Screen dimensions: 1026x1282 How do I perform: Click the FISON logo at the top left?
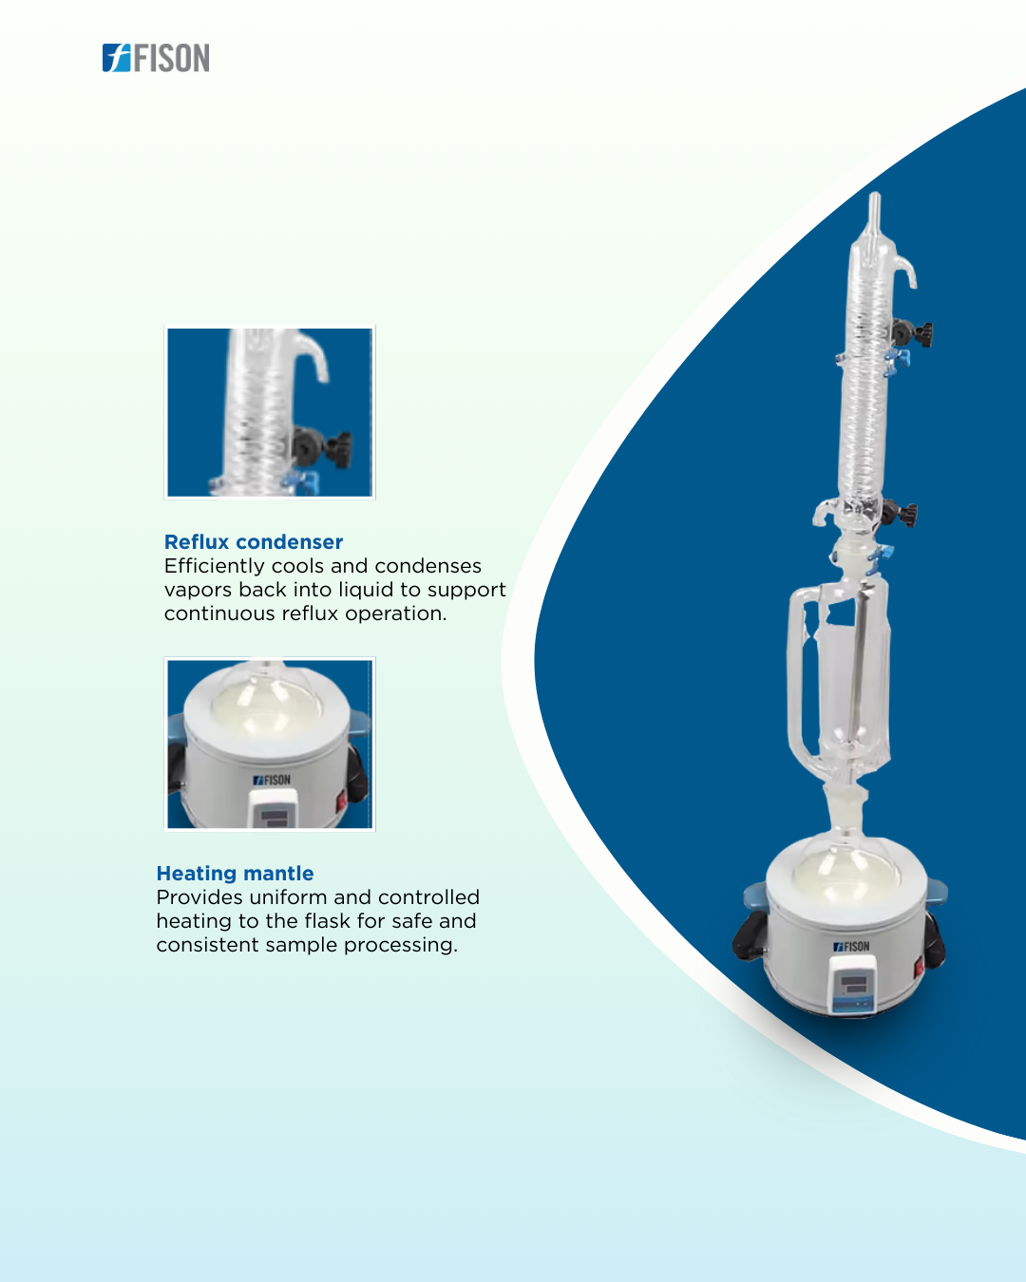(156, 58)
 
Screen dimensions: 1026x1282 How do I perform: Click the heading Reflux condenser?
(254, 542)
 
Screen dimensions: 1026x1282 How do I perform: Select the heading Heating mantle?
(235, 874)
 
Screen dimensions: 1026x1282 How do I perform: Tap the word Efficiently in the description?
(214, 567)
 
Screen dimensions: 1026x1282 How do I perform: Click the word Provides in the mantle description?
(199, 897)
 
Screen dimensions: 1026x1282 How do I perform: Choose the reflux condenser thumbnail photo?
(270, 412)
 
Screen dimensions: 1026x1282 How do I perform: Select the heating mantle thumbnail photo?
(270, 745)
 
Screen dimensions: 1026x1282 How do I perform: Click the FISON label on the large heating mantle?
(851, 947)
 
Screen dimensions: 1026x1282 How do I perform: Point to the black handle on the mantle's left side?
(748, 935)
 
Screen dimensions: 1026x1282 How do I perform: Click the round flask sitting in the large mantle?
(845, 867)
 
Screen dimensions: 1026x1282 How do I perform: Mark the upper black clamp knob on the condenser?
(913, 333)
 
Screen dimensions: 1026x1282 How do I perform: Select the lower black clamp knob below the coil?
(900, 514)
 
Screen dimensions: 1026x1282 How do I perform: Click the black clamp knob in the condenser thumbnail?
(323, 449)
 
